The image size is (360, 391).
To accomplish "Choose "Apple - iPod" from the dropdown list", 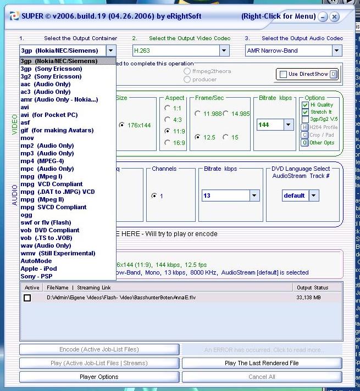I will click(x=38, y=269).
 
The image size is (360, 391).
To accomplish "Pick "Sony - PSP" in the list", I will click(x=36, y=276).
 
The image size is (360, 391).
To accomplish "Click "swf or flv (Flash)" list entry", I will click(x=46, y=222).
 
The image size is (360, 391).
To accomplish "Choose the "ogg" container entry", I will click(x=26, y=215).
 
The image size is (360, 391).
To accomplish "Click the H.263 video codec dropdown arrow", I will click(x=224, y=51).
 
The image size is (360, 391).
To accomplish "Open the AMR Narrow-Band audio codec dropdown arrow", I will click(x=336, y=51).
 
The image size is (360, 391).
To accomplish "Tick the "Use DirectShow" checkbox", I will click(x=283, y=74).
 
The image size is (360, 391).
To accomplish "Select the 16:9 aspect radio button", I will click(x=168, y=143).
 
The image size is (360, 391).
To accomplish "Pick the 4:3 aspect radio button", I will click(x=168, y=120).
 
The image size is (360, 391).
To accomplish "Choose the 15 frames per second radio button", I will click(x=226, y=137).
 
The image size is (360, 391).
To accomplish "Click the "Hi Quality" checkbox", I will click(x=305, y=105).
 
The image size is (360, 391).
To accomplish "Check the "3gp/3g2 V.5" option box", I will click(x=305, y=119).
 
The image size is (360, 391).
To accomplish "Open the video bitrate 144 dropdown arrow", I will click(x=289, y=125).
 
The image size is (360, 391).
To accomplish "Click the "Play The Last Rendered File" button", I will click(x=262, y=363).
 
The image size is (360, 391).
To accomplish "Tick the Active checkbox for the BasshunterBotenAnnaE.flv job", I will click(x=27, y=298).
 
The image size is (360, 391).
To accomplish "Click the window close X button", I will click(x=335, y=17).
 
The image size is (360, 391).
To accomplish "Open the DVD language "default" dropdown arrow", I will click(x=314, y=195).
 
